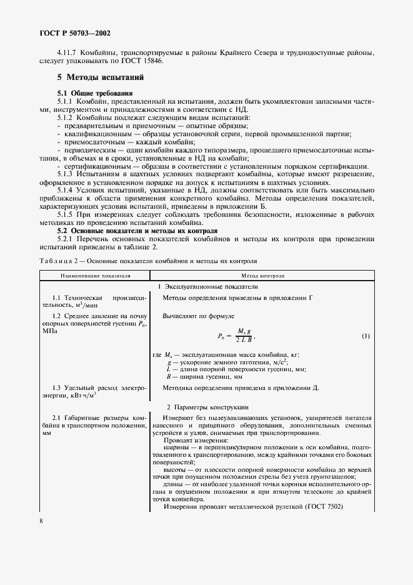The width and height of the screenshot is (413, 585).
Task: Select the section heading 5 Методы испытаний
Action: [101, 77]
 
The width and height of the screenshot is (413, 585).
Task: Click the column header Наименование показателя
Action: [95, 274]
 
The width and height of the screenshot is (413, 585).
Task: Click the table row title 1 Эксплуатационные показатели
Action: [207, 286]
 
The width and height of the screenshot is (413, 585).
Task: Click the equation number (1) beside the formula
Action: [366, 336]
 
